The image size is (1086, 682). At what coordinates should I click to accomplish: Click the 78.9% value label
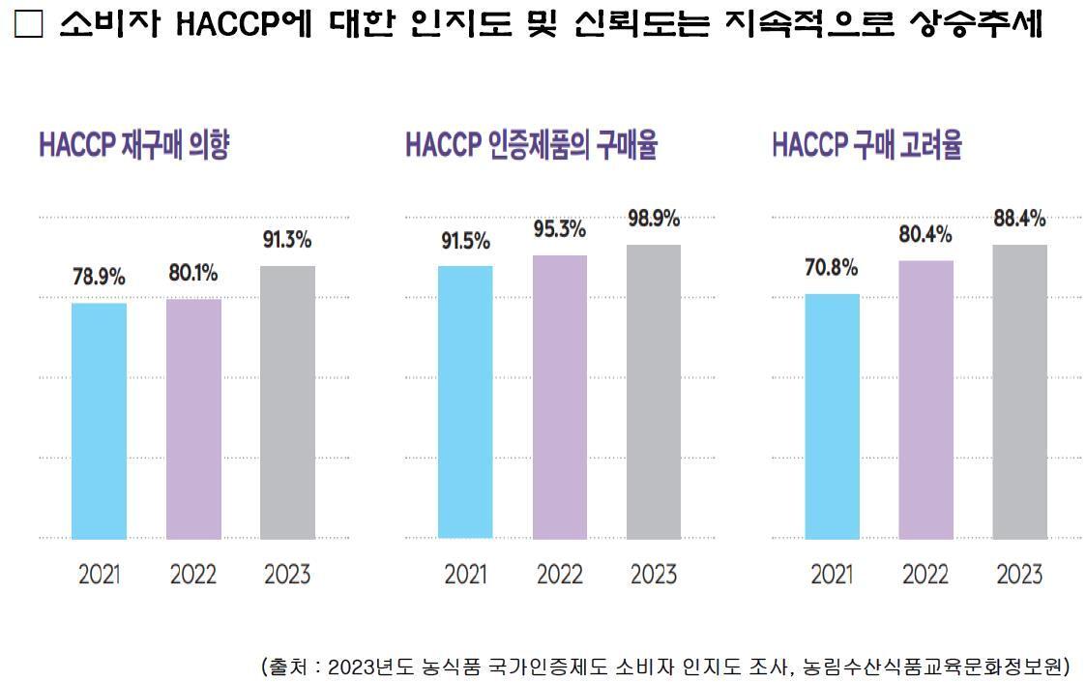(99, 278)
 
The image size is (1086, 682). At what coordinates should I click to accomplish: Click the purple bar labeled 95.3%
(559, 397)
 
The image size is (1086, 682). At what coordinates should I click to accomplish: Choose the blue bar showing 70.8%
(832, 416)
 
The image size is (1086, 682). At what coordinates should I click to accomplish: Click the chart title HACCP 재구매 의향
(133, 147)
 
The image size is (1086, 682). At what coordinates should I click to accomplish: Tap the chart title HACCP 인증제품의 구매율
(531, 147)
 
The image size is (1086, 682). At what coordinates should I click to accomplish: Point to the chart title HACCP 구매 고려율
(866, 147)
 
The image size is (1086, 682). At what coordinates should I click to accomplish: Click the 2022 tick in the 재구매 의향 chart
(193, 575)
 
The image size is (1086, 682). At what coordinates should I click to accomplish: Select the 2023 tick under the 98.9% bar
(653, 575)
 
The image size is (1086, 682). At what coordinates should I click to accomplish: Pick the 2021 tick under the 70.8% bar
(832, 575)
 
